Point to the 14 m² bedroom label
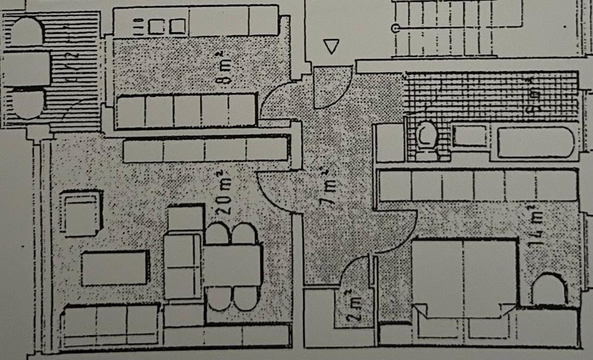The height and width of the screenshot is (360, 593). pos(536,225)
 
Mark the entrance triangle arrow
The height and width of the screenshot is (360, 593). pos(332,47)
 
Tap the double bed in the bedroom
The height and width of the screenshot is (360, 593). pos(465,275)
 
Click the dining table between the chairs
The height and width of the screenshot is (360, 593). pos(232,266)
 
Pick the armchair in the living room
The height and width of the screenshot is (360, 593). pos(81,213)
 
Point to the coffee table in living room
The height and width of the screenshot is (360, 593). pos(116,268)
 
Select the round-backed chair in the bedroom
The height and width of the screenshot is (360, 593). pos(549,289)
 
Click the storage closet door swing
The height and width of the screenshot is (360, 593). pos(355,272)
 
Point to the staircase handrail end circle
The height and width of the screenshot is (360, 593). pos(395,28)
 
